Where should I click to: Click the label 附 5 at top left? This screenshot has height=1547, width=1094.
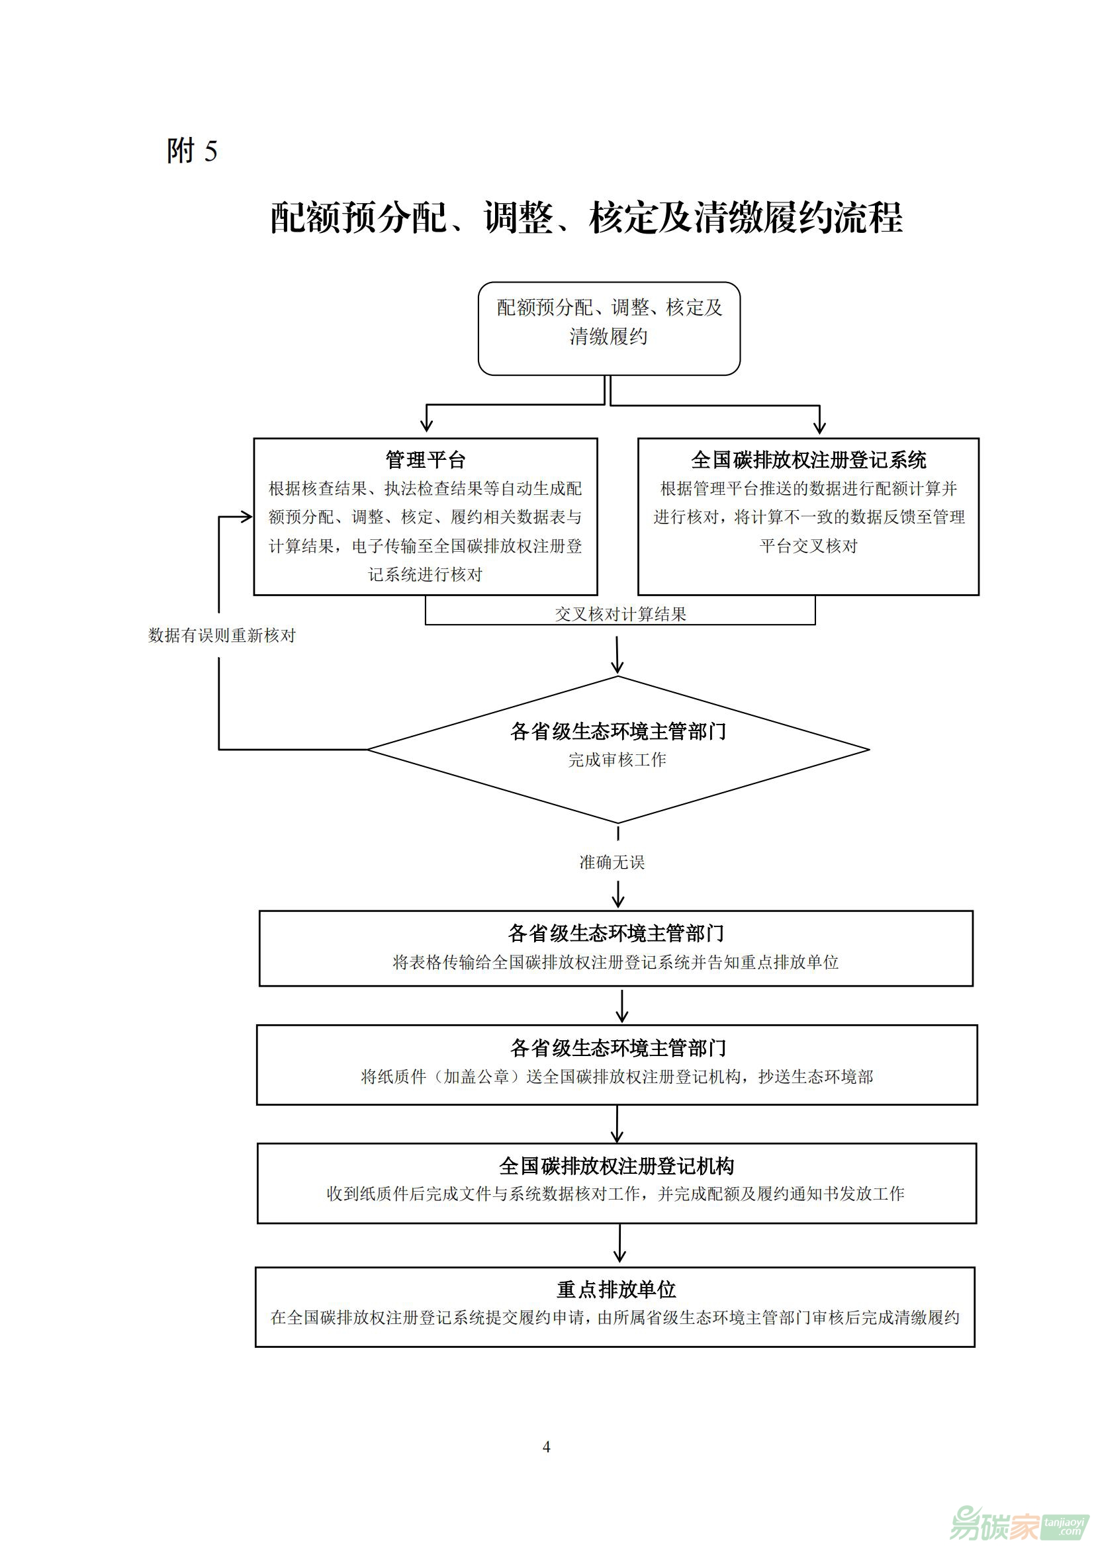click(x=192, y=150)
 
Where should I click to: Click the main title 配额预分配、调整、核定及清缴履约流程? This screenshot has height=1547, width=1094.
click(x=586, y=218)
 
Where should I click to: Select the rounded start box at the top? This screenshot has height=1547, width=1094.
click(x=609, y=328)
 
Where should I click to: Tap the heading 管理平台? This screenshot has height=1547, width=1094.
click(x=426, y=459)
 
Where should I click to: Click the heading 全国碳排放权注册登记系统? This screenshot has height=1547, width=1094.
click(x=808, y=459)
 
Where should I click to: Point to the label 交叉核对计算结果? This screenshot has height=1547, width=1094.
click(x=620, y=614)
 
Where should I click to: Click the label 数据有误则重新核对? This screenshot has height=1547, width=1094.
click(x=222, y=635)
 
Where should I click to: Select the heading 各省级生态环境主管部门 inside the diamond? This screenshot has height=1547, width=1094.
click(x=618, y=731)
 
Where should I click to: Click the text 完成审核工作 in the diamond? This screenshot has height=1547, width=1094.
click(x=617, y=760)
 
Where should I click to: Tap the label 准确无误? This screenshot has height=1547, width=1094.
click(x=612, y=862)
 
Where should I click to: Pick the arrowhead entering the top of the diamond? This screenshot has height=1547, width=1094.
click(x=617, y=668)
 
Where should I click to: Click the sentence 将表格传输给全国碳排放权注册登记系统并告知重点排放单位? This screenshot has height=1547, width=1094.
click(x=615, y=962)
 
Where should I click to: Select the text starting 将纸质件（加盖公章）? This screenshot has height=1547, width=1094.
click(x=617, y=1077)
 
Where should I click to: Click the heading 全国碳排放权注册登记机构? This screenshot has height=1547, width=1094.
click(x=617, y=1166)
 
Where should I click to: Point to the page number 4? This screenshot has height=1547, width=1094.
click(x=547, y=1446)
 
